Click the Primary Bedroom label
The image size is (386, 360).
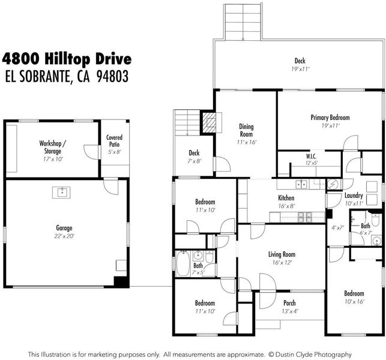330,118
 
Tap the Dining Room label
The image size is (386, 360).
246,130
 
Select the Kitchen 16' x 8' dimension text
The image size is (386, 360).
286,206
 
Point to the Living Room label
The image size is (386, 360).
282,254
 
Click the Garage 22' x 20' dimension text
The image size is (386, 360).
64,236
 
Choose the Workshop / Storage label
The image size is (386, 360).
53,147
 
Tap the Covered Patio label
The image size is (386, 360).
114,141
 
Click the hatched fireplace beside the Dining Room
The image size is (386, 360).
209,122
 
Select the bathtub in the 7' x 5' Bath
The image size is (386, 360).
183,263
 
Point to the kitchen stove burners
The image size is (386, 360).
305,217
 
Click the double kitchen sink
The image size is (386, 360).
301,184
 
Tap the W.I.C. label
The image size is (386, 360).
312,156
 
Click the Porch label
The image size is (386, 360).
289,303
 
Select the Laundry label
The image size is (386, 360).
354,196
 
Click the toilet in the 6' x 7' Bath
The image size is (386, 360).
375,220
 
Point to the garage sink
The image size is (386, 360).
61,193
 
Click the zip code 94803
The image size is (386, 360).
112,76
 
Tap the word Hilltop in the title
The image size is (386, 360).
67,59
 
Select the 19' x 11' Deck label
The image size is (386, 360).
300,64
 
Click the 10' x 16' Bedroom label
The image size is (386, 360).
354,297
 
